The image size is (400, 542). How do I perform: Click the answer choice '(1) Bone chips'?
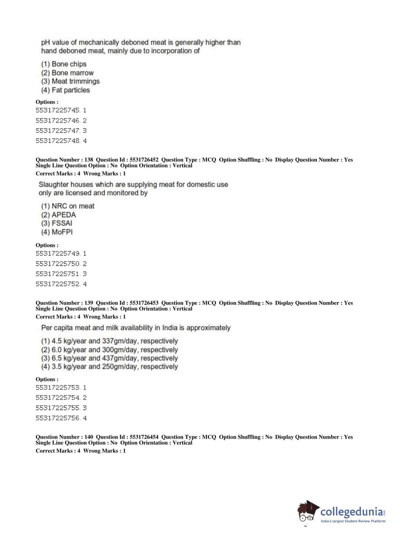pos(64,64)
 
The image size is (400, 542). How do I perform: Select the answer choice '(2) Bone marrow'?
pos(67,73)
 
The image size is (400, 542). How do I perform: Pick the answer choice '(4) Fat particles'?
pos(65,90)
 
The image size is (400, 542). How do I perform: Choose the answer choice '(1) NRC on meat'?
pos(68,206)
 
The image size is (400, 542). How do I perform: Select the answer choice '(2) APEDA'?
pos(58,215)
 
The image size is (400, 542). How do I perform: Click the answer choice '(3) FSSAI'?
pos(56,223)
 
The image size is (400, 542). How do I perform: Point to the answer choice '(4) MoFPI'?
pos(57,232)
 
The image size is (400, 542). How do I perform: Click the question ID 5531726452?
pos(144,159)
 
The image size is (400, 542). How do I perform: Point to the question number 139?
pos(89,303)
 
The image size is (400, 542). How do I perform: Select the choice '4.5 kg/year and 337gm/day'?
pos(109,341)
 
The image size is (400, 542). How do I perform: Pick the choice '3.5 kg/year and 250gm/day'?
pos(109,367)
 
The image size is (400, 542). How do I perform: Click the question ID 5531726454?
pos(144,437)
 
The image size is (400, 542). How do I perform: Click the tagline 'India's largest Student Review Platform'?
pos(353,521)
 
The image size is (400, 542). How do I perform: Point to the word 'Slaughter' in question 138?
pos(54,185)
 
